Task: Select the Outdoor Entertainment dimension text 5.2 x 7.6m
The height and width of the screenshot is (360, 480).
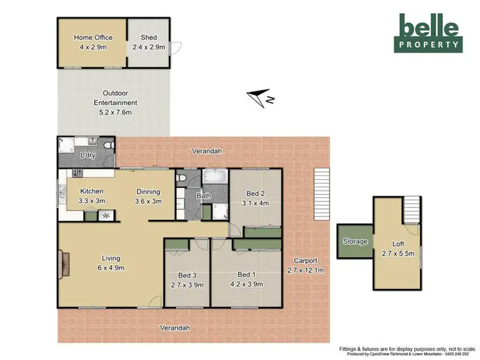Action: click(x=115, y=113)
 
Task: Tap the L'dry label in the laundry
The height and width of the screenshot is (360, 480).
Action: click(x=87, y=155)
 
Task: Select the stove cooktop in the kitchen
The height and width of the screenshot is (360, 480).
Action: click(x=78, y=173)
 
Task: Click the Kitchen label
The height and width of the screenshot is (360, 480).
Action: click(x=92, y=191)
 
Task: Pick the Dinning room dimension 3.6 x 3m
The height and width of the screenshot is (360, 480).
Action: click(x=147, y=201)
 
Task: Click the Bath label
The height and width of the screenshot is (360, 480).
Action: click(x=204, y=196)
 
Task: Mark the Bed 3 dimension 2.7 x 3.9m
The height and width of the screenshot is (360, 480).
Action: click(x=186, y=285)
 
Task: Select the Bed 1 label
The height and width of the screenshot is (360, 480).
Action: click(x=246, y=274)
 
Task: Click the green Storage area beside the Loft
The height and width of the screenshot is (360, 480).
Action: click(x=355, y=242)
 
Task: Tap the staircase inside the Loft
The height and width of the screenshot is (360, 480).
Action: click(x=412, y=208)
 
